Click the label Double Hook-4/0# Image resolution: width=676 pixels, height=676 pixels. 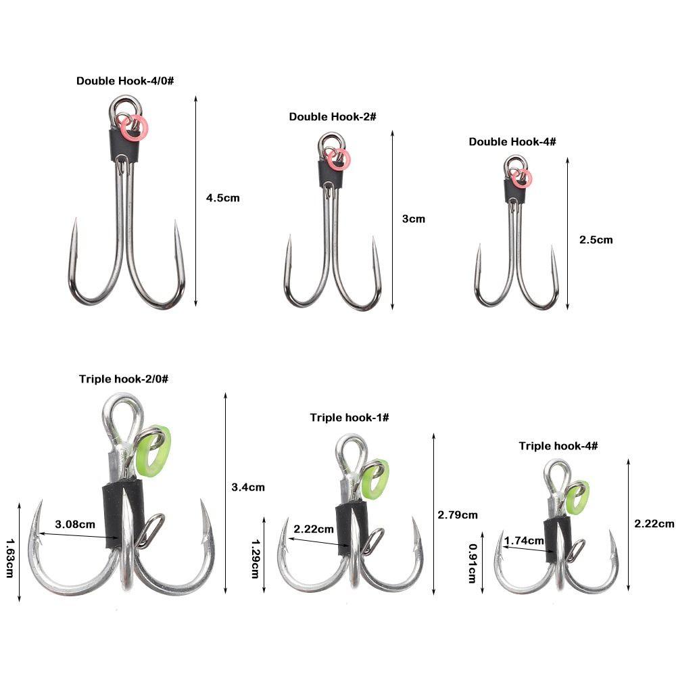pyautogui.click(x=125, y=81)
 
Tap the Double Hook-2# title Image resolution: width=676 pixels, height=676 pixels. pyautogui.click(x=333, y=117)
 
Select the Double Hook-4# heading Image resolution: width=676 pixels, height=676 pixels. pyautogui.click(x=512, y=142)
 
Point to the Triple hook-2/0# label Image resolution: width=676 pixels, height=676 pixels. pyautogui.click(x=124, y=379)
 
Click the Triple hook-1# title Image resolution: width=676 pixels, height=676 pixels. pyautogui.click(x=349, y=417)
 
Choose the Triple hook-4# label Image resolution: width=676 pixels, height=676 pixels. pyautogui.click(x=558, y=445)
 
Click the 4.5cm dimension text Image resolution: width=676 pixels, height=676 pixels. pyautogui.click(x=222, y=198)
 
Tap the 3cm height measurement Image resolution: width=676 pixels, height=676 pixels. pyautogui.click(x=414, y=219)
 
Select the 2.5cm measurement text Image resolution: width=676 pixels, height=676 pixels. pyautogui.click(x=596, y=240)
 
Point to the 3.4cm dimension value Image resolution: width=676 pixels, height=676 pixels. pyautogui.click(x=248, y=487)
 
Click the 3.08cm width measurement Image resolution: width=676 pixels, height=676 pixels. pyautogui.click(x=75, y=525)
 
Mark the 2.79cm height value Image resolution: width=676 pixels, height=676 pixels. pyautogui.click(x=458, y=514)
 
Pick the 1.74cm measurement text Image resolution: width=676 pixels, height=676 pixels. pyautogui.click(x=524, y=540)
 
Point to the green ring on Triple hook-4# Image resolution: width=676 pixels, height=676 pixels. pyautogui.click(x=577, y=498)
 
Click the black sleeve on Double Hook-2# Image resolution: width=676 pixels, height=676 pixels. pyautogui.click(x=331, y=174)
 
